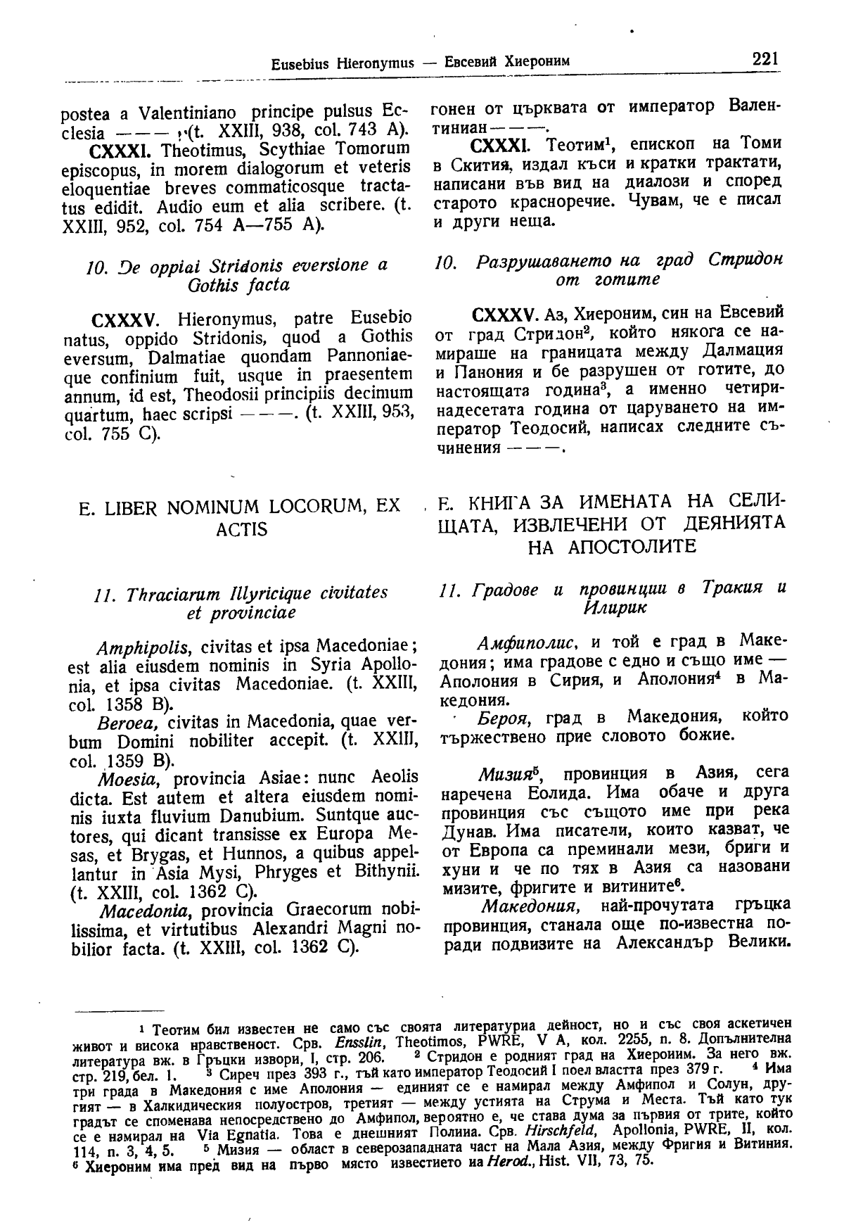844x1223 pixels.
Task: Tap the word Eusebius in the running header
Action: (x=295, y=63)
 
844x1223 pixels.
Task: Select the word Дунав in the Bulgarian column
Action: (x=459, y=830)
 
